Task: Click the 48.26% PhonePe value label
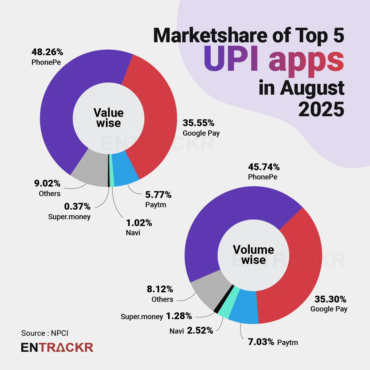point(47,52)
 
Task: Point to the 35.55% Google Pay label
point(198,123)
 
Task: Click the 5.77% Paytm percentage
point(158,195)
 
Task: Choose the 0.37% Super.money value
point(77,206)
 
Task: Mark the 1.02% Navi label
point(139,223)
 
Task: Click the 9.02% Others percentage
point(47,183)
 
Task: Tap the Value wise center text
point(109,118)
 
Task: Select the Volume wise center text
point(253,255)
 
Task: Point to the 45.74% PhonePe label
point(264,167)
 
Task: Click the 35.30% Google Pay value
point(330,299)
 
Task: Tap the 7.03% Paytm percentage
point(261,342)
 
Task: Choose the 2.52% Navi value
point(200,331)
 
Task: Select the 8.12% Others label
point(160,289)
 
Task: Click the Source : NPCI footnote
point(45,333)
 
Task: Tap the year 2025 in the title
point(321,109)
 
